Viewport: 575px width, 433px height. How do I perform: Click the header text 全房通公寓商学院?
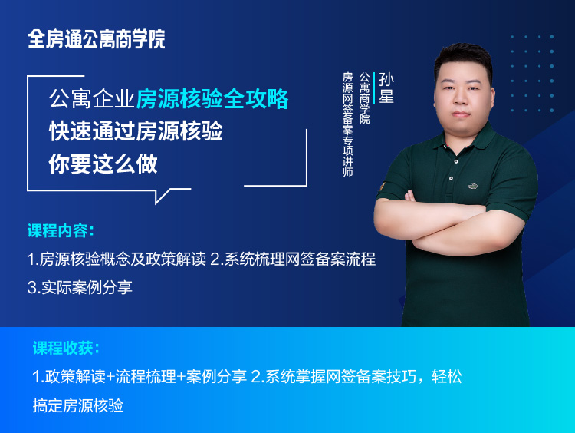tap(97, 39)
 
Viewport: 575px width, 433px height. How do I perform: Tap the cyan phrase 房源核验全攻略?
tap(212, 99)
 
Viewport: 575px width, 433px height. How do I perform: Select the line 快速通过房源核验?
tap(136, 131)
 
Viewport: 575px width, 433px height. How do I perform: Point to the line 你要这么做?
tap(103, 164)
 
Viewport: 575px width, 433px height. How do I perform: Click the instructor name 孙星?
tap(386, 88)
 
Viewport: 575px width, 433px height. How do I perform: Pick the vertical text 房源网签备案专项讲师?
tap(347, 124)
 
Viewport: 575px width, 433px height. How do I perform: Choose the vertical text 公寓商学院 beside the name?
tap(364, 98)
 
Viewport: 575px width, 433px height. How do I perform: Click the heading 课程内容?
tap(61, 231)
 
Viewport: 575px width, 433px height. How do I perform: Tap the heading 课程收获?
tap(67, 348)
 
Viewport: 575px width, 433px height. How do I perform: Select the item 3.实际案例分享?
tap(80, 287)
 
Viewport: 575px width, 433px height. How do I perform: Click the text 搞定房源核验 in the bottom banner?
tap(78, 405)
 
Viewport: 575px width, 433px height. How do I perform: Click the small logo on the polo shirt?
tap(473, 187)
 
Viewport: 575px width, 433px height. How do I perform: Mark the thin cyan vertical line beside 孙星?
tap(374, 88)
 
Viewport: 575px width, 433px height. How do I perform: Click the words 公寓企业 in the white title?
tap(92, 99)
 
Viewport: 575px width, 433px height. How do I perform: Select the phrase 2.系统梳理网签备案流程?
tap(293, 259)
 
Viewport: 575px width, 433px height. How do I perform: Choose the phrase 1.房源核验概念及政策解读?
tap(117, 259)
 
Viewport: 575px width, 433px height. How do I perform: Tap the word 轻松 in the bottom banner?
tap(447, 376)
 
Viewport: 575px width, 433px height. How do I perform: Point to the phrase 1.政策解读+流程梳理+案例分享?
tap(140, 376)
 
